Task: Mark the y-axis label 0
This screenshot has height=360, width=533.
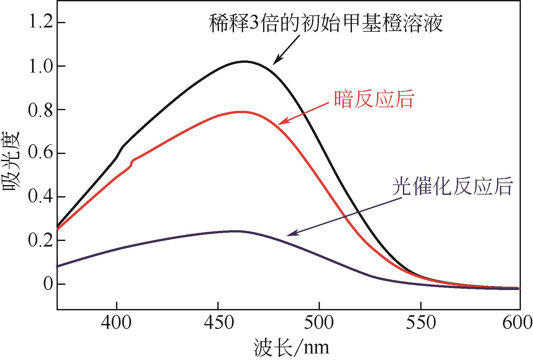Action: pyautogui.click(x=48, y=284)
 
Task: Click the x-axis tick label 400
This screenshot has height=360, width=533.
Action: pyautogui.click(x=116, y=323)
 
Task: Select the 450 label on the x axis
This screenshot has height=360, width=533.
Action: pyautogui.click(x=218, y=323)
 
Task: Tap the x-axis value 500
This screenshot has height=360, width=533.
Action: pyautogui.click(x=319, y=323)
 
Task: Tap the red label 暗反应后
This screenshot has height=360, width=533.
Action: pyautogui.click(x=374, y=99)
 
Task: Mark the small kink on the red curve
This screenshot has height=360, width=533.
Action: pyautogui.click(x=132, y=163)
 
